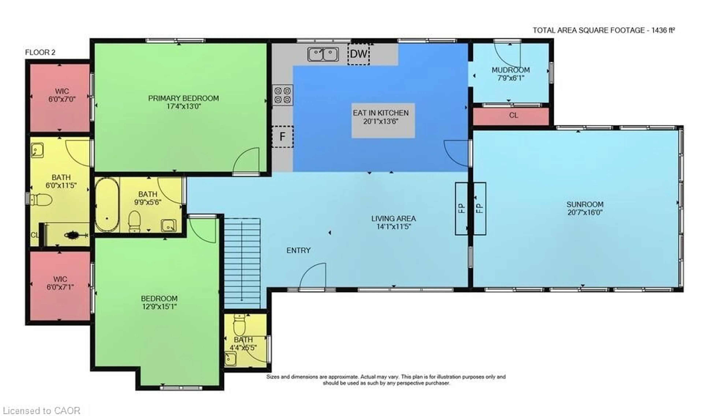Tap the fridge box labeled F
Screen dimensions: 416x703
[x=282, y=137]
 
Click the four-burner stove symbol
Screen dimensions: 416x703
[x=282, y=95]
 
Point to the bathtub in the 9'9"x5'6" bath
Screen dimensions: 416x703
[x=107, y=205]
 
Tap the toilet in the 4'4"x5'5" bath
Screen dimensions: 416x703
[x=239, y=325]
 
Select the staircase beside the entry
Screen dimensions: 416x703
[x=242, y=264]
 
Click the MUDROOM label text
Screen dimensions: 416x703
[x=510, y=70]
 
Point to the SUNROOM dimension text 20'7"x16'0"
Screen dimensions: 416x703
[x=585, y=212]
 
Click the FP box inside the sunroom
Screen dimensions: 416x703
[x=480, y=209]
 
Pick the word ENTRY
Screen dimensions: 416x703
[x=298, y=250]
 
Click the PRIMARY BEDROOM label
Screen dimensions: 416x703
[x=183, y=98]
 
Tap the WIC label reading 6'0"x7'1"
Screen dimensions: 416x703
[x=60, y=287]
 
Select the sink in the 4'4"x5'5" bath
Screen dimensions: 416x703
[x=230, y=359]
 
